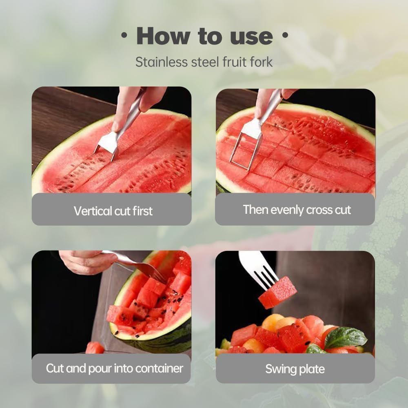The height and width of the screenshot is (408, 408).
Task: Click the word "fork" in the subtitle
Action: coord(260,62)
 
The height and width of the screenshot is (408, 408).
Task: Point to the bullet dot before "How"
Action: coord(124,36)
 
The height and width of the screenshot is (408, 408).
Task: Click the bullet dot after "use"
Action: coord(284,36)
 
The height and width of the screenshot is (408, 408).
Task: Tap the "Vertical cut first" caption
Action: coord(113,211)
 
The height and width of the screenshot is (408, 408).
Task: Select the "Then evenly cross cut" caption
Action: coord(297,210)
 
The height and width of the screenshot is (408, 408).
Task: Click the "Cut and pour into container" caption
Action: coord(115,368)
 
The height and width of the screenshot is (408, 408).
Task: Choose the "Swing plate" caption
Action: coord(295,369)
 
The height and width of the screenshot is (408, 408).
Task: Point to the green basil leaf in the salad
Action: coord(345,338)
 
